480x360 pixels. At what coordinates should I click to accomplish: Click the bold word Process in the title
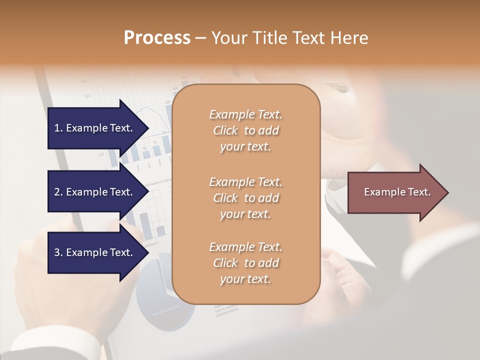point(157,37)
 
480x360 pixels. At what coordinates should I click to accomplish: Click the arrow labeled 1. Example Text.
point(95,128)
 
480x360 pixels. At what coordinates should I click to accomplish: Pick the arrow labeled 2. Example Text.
point(95,192)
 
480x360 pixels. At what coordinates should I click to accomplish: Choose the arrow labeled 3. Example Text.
point(95,252)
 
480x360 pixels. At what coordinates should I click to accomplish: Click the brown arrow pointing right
point(395,192)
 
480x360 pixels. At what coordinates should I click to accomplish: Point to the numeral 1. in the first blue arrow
point(58,128)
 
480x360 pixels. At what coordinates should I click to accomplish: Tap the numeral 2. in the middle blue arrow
point(58,192)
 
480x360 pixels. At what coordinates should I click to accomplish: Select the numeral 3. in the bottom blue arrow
point(58,252)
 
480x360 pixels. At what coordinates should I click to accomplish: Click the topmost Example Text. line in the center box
point(246,114)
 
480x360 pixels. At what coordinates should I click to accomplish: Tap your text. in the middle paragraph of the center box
point(245,214)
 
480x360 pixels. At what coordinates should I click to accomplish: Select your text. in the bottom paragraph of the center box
point(245,279)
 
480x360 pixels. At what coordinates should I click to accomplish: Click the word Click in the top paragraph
point(225,130)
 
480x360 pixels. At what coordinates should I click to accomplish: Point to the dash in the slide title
point(201,38)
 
